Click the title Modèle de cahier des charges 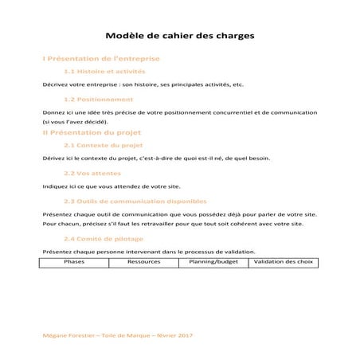point(180,36)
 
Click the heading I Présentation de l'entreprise point(101,58)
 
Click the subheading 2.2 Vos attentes point(92,173)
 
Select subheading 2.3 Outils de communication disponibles point(135,201)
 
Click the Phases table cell point(74,261)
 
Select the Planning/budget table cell point(209,261)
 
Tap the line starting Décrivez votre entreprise point(143,84)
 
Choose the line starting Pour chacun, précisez point(172,224)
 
